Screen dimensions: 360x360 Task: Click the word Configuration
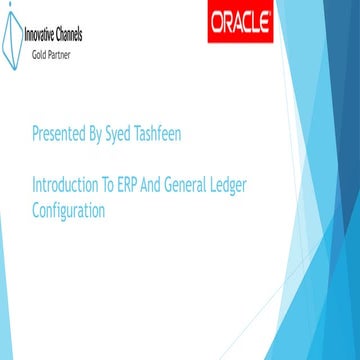(x=69, y=210)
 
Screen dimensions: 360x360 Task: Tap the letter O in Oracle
(x=215, y=23)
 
